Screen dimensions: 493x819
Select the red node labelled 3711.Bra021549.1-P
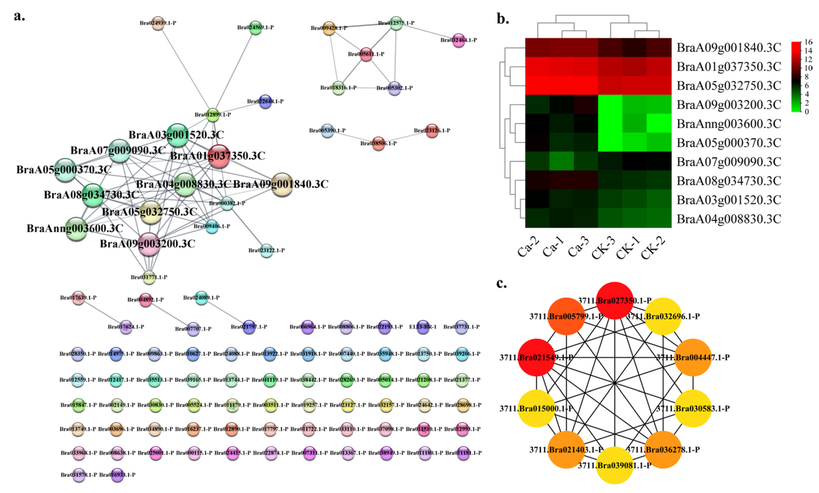point(536,357)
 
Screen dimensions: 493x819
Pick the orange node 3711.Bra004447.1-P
point(693,357)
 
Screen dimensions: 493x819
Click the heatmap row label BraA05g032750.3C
point(729,86)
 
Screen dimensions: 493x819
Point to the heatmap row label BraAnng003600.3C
point(729,123)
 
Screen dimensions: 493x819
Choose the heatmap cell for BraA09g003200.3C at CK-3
point(610,104)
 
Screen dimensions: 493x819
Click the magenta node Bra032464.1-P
point(459,40)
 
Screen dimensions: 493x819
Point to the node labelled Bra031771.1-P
point(149,277)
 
